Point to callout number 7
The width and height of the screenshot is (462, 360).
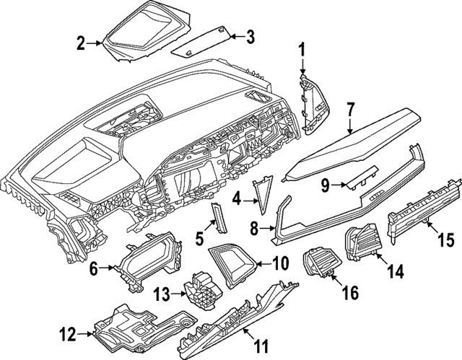(x=350, y=110)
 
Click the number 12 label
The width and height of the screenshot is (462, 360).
(x=67, y=334)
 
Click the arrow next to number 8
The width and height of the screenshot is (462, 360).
(x=267, y=229)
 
